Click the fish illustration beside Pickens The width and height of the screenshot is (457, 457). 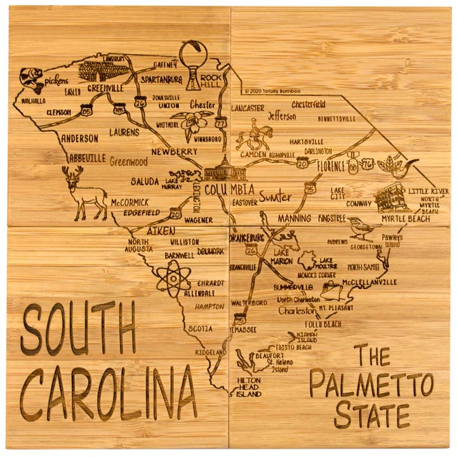pos(30,80)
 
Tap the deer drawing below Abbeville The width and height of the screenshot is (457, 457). pos(86,193)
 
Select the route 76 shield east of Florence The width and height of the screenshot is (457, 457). pos(368,166)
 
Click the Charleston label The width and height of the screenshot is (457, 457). pos(296,312)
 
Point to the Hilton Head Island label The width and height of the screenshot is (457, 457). pos(248,385)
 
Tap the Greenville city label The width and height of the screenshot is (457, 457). pos(105,88)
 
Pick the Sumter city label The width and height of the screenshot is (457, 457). pos(275,197)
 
